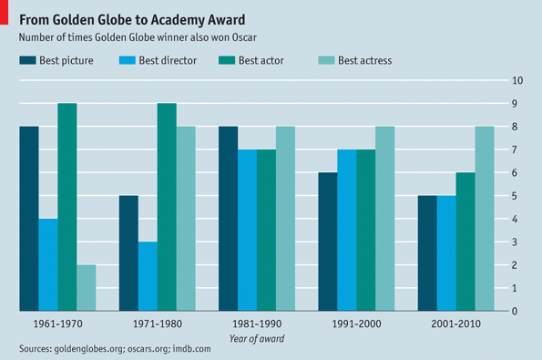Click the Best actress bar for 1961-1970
86,288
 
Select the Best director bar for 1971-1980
148,276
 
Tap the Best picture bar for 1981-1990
228,219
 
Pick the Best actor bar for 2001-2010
465,242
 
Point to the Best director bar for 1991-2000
347,231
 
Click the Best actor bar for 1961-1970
66,207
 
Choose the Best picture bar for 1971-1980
128,253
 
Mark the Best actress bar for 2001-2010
485,219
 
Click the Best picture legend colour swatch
27,61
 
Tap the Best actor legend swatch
226,61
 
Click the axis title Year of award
256,339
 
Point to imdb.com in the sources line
190,349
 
